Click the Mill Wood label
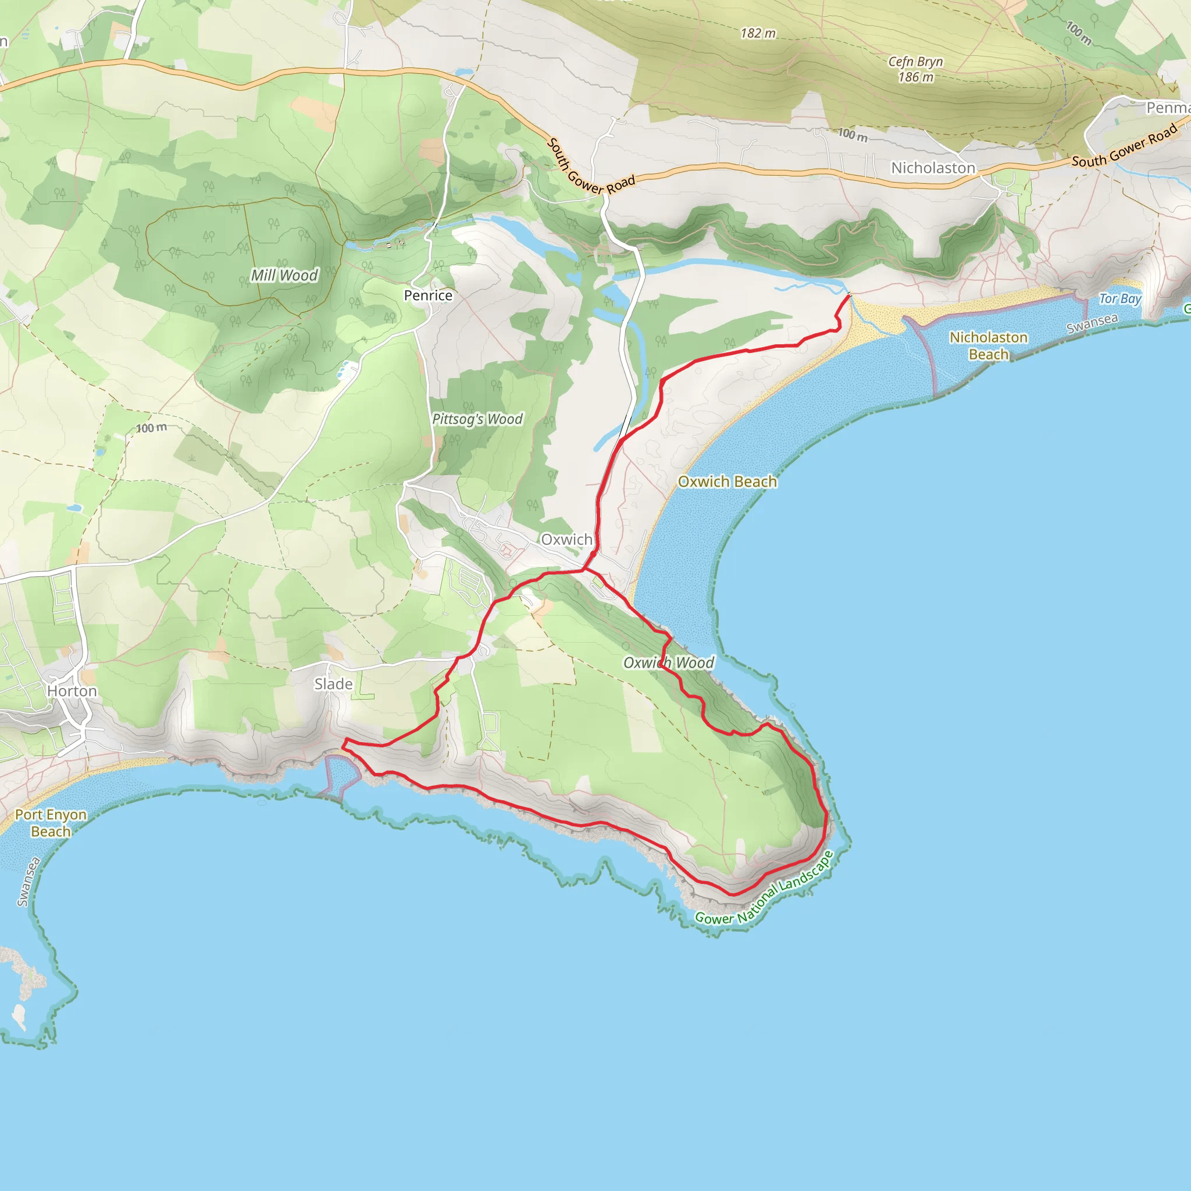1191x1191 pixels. [x=284, y=275]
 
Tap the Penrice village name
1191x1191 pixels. [x=428, y=295]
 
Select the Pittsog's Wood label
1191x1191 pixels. [x=477, y=419]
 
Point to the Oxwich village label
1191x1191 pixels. [x=566, y=540]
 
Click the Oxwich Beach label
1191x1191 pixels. [x=728, y=482]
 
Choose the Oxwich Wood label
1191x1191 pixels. [x=668, y=663]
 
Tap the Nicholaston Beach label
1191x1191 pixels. [x=988, y=346]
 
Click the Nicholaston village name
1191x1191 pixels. [x=933, y=167]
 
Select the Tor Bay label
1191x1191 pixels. [x=1120, y=299]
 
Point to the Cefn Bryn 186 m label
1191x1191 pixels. [x=915, y=69]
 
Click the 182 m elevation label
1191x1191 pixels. [x=758, y=33]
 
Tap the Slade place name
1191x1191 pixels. [x=333, y=684]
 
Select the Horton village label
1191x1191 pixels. [x=72, y=691]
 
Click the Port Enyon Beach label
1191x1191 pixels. [x=51, y=823]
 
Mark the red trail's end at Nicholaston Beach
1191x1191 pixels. [x=850, y=297]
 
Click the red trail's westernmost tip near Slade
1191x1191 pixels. [x=343, y=748]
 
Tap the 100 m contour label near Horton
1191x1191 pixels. [x=152, y=428]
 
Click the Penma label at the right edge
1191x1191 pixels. [x=1168, y=108]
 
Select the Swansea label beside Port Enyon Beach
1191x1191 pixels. [x=29, y=882]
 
